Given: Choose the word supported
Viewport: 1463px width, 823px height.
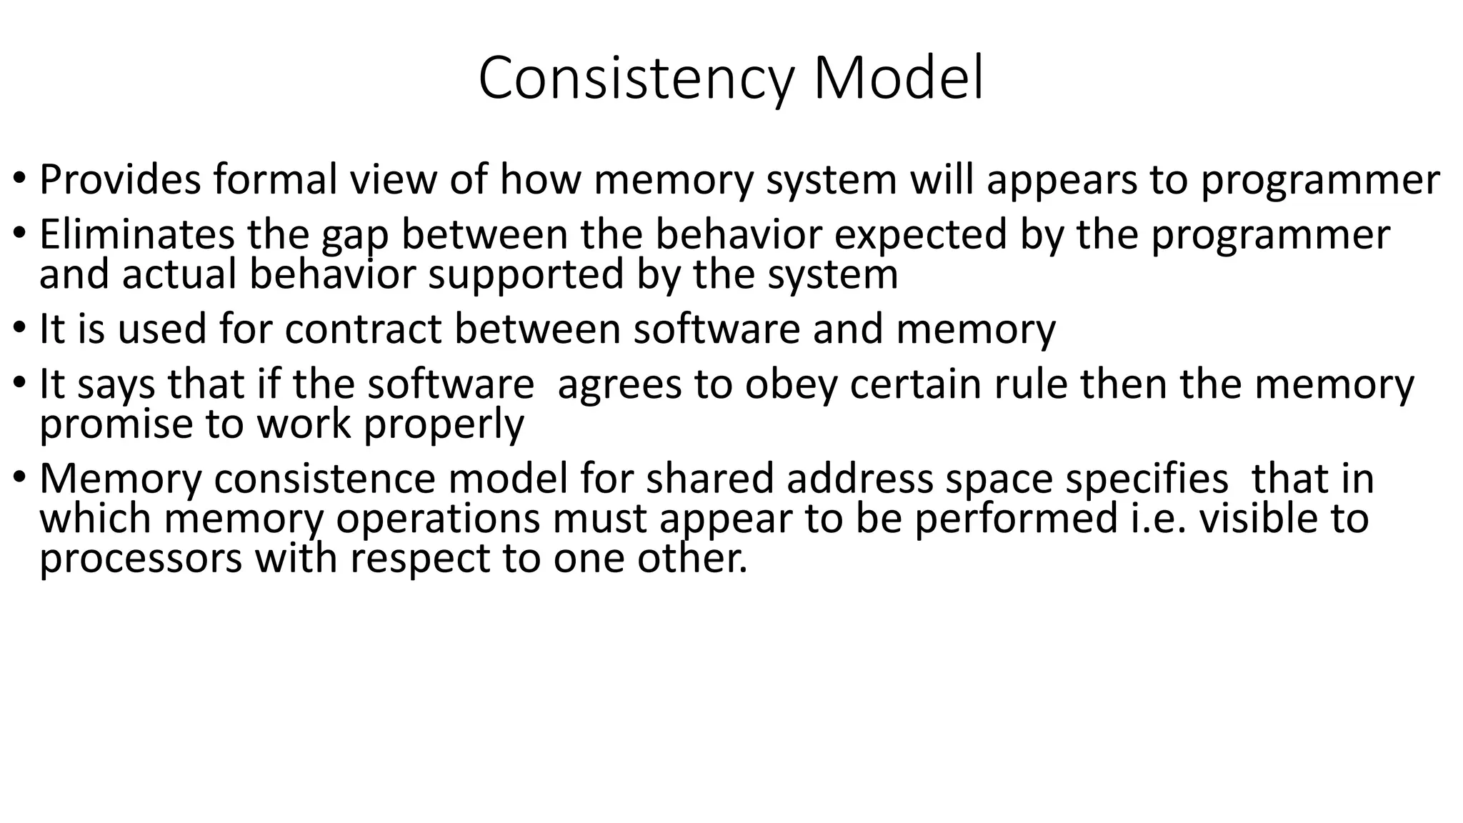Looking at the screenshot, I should pyautogui.click(x=526, y=275).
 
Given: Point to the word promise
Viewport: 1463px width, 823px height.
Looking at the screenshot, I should pyautogui.click(x=116, y=426).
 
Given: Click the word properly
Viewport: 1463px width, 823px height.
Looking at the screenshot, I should pyautogui.click(x=444, y=426).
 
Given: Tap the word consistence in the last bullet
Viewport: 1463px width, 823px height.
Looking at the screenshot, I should pyautogui.click(x=324, y=479).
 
